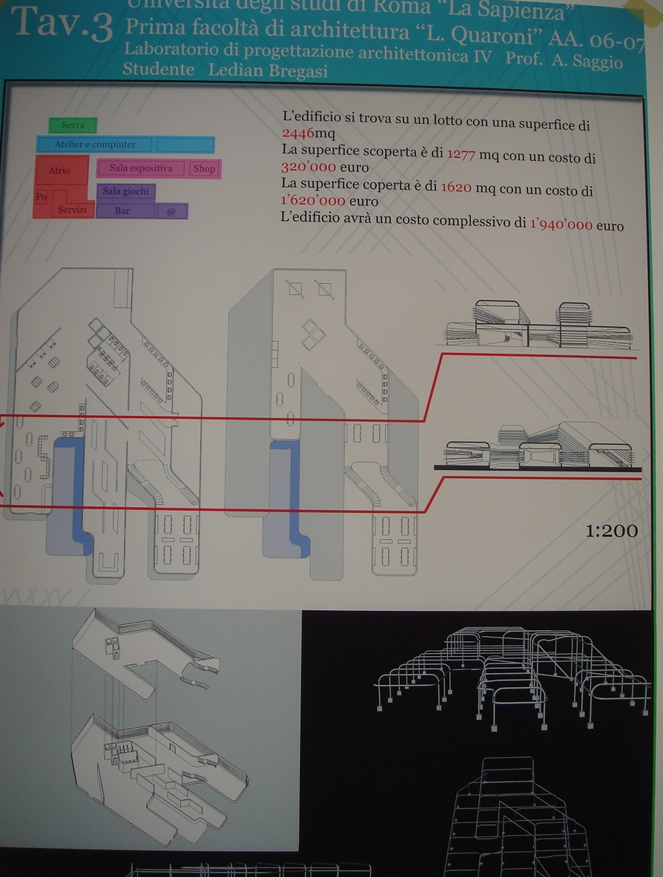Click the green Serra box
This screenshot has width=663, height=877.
pyautogui.click(x=73, y=125)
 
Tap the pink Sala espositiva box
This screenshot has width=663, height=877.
pyautogui.click(x=141, y=168)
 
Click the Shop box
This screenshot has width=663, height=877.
pyautogui.click(x=204, y=168)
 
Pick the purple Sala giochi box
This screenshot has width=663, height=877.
pyautogui.click(x=125, y=191)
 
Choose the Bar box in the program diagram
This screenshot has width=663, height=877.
pyautogui.click(x=123, y=211)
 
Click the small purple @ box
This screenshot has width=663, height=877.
pyautogui.click(x=171, y=211)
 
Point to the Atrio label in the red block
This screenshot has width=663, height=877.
pyautogui.click(x=59, y=171)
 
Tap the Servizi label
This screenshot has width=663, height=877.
pyautogui.click(x=73, y=211)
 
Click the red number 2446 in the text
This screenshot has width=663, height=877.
pyautogui.click(x=298, y=133)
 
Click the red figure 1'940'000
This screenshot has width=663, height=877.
pyautogui.click(x=561, y=225)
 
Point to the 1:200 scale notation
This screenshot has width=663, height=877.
pyautogui.click(x=611, y=531)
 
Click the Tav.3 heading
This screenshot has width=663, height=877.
pyautogui.click(x=63, y=25)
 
